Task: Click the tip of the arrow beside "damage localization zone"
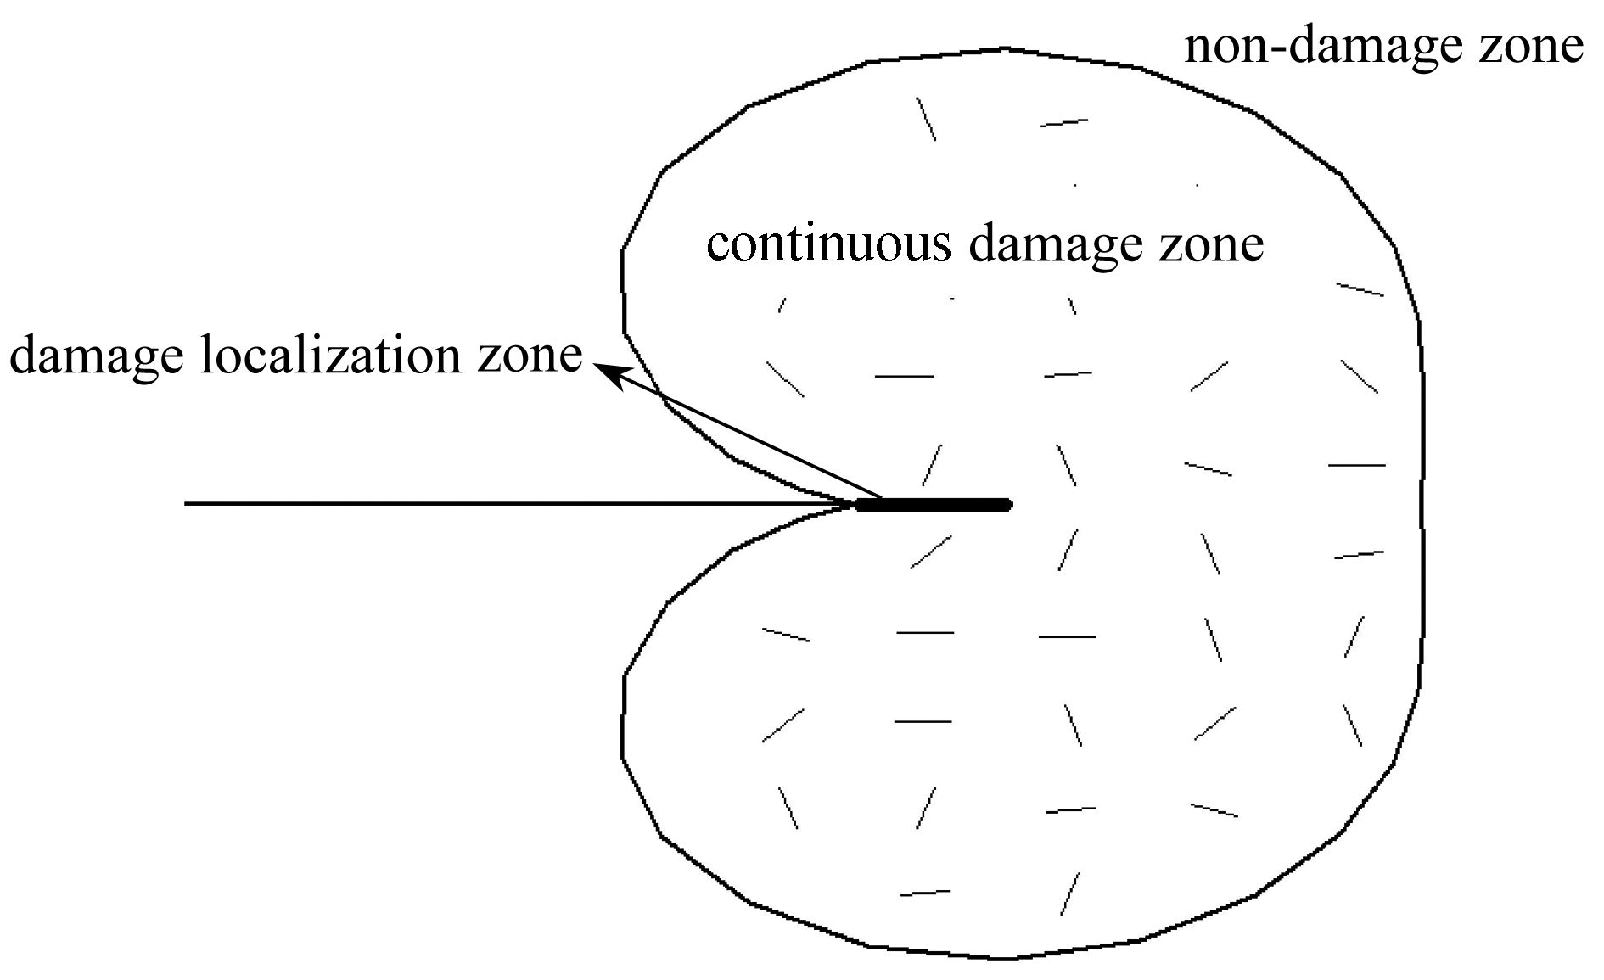tap(593, 365)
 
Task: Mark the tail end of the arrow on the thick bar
tap(883, 497)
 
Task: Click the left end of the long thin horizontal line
tap(185, 504)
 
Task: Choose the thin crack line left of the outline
tap(519, 504)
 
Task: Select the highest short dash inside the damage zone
tap(926, 119)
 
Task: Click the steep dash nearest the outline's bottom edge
tap(1070, 894)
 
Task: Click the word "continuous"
tap(828, 244)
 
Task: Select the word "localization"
tap(390, 355)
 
